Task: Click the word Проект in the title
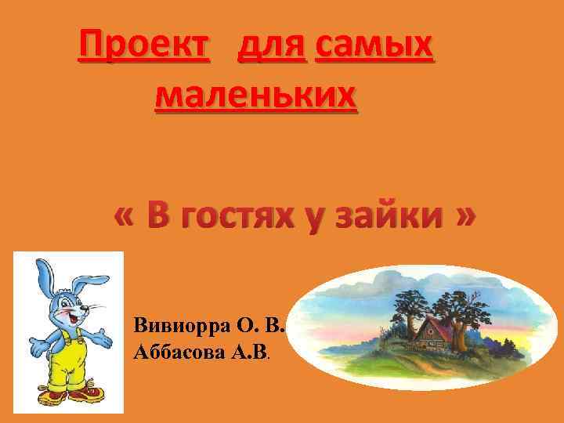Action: coord(144,49)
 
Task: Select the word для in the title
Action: coord(269,49)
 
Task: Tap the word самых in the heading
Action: coord(373,49)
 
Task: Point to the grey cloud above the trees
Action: coord(392,282)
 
